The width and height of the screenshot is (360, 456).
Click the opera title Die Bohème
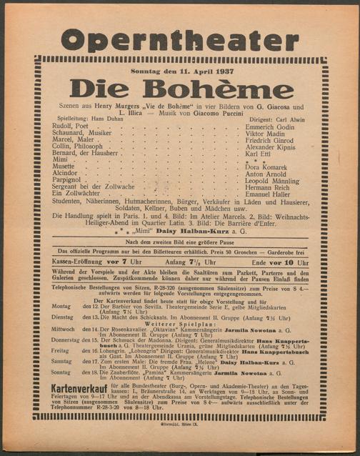[181, 89]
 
